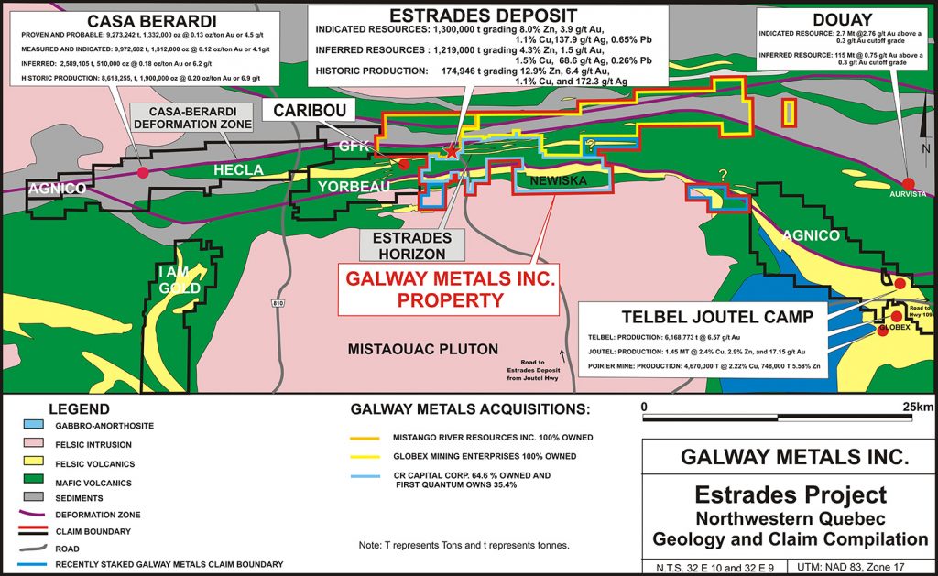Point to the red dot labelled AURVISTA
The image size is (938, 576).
pyautogui.click(x=909, y=182)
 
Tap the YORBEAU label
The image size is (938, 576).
pyautogui.click(x=354, y=187)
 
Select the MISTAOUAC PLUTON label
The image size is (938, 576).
pyautogui.click(x=422, y=349)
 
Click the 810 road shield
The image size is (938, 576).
pyautogui.click(x=277, y=301)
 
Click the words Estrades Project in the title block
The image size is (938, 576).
pyautogui.click(x=791, y=495)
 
